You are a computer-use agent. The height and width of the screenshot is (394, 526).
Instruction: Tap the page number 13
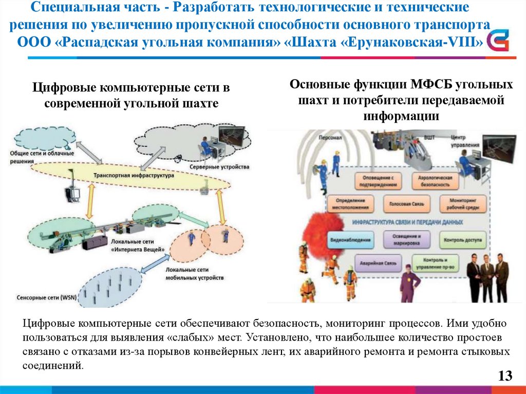tap(505, 376)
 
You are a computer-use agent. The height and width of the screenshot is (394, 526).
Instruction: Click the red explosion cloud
tap(323, 219)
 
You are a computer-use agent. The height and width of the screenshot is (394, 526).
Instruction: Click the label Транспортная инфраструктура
tap(134, 176)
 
